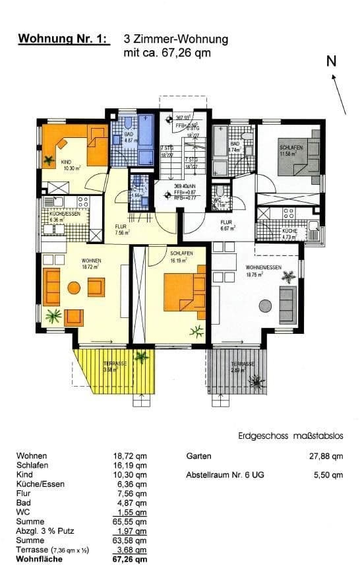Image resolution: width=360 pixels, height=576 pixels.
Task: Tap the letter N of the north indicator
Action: (x=332, y=61)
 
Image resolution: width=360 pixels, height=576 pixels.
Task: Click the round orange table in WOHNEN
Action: (x=74, y=288)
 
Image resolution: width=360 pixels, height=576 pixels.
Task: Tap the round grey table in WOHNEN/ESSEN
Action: (x=265, y=305)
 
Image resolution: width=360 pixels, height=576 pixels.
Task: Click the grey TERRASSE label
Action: (x=243, y=364)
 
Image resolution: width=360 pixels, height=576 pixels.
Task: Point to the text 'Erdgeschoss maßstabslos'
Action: (x=291, y=436)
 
